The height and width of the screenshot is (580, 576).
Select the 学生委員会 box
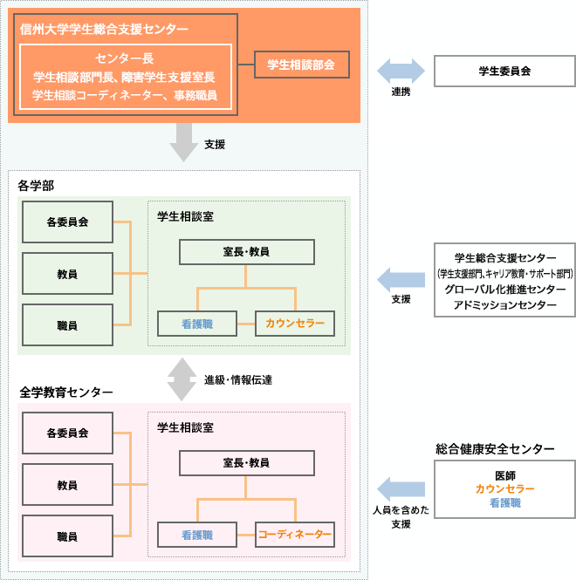click(504, 71)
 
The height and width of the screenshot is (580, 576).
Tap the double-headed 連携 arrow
click(401, 71)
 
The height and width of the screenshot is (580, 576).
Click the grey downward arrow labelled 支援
click(184, 141)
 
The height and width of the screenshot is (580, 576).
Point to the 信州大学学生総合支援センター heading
click(104, 30)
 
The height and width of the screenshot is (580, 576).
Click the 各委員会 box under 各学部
click(67, 222)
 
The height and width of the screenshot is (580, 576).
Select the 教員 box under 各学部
click(67, 274)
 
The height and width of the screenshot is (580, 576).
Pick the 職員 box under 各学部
click(67, 325)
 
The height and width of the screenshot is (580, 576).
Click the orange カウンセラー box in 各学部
click(294, 324)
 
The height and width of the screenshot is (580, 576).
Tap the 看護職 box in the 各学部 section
click(197, 324)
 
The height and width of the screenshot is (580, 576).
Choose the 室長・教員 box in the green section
click(246, 252)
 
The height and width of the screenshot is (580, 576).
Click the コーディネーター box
click(294, 534)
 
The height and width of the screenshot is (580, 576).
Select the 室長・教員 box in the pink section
click(246, 462)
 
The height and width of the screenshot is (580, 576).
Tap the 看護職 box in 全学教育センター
click(197, 534)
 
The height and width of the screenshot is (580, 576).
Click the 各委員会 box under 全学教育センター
click(67, 433)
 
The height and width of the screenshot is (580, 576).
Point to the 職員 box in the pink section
click(67, 536)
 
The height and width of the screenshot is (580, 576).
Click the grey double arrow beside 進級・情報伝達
click(182, 379)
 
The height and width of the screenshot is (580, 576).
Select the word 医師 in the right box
click(504, 475)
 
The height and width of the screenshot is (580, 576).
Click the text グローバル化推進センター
click(504, 289)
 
